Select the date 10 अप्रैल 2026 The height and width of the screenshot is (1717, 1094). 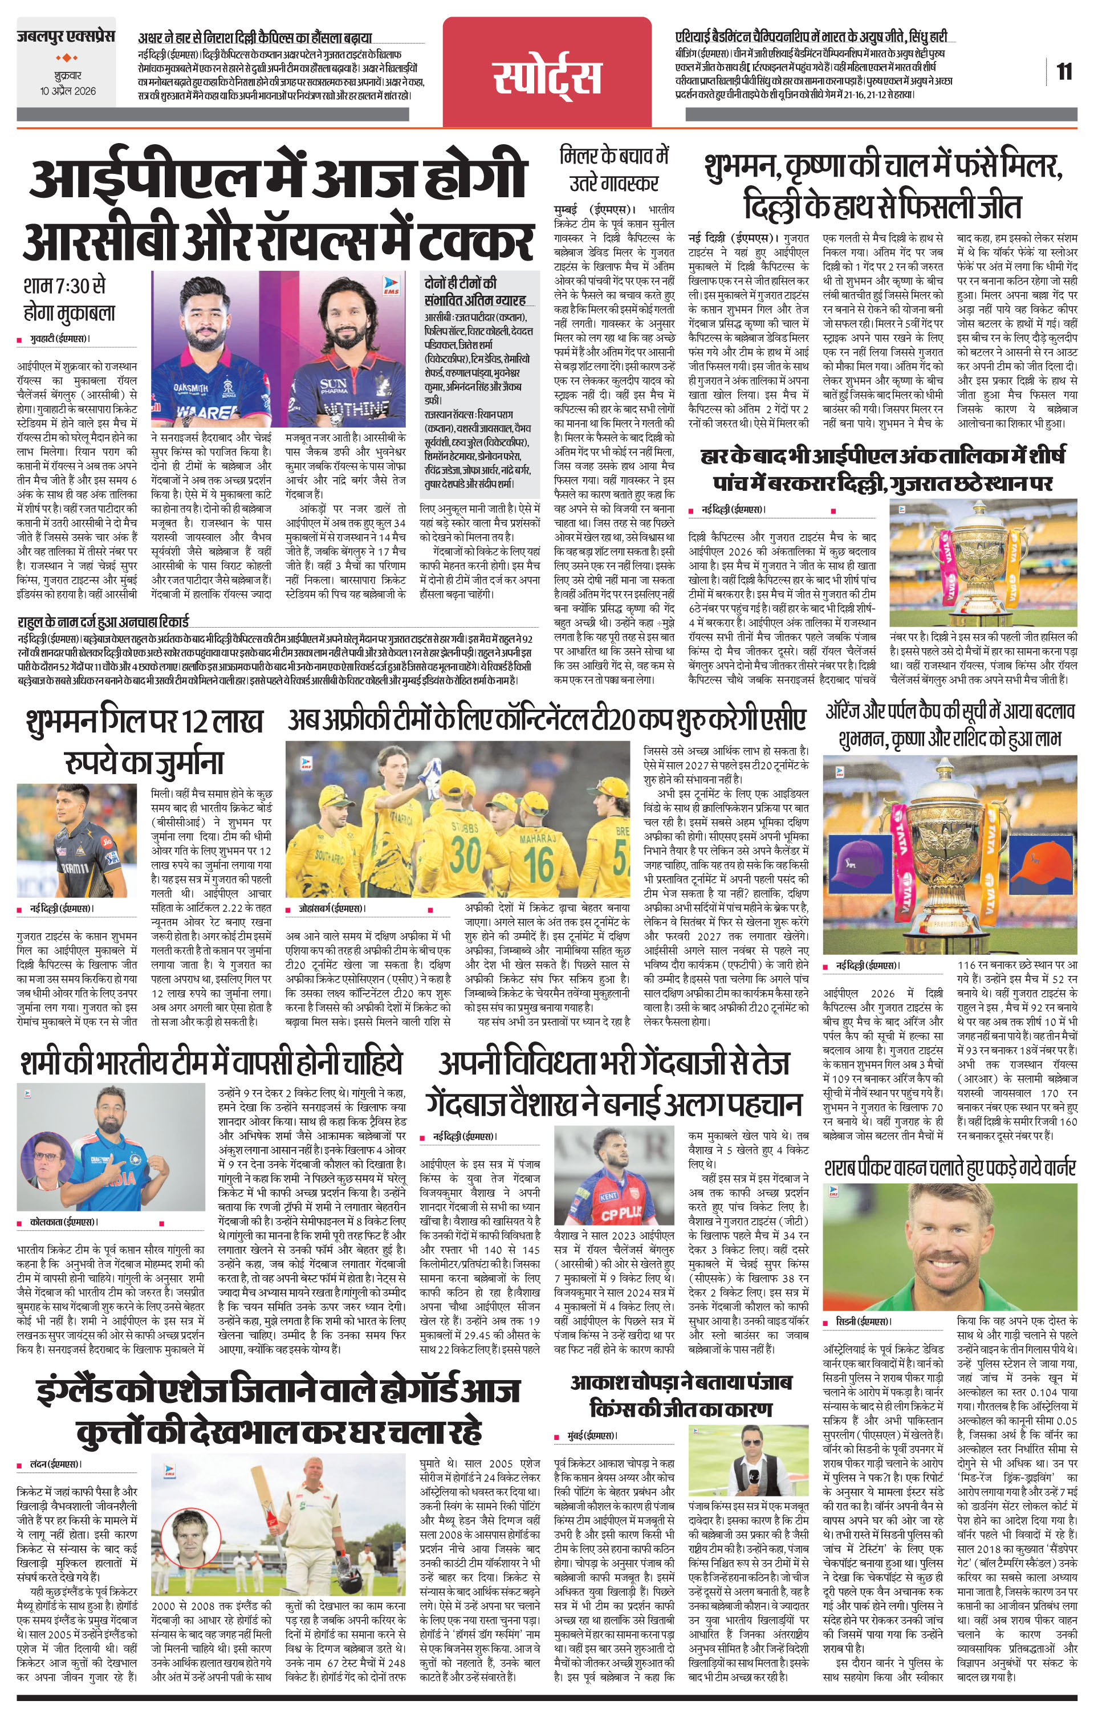(68, 92)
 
